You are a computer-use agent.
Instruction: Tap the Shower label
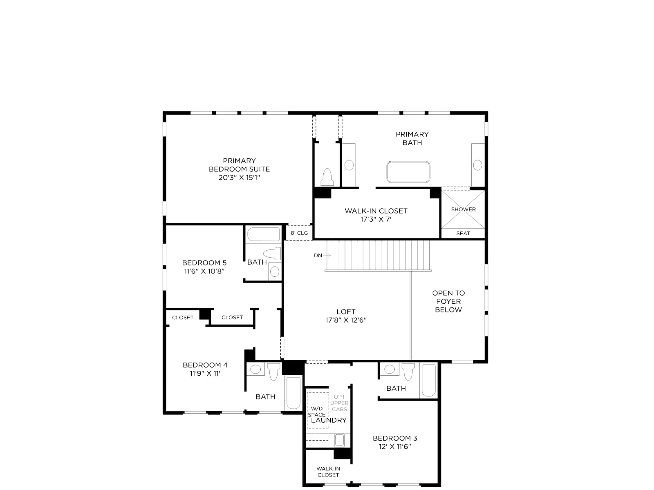(x=463, y=209)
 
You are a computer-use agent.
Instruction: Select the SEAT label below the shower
(x=463, y=234)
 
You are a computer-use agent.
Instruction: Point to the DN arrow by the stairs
(x=327, y=255)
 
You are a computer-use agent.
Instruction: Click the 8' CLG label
(x=299, y=233)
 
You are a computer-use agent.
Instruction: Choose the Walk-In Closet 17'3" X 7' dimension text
(x=376, y=219)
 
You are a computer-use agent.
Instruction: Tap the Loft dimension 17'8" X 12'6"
(x=346, y=320)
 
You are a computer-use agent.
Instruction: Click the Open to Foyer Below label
(x=448, y=301)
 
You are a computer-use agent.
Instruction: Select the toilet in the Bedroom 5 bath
(x=272, y=254)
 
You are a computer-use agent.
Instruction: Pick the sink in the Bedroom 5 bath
(x=274, y=271)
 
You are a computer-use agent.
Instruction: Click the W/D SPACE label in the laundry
(x=316, y=412)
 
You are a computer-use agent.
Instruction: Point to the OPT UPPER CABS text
(x=339, y=403)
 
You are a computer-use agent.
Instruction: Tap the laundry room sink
(x=339, y=440)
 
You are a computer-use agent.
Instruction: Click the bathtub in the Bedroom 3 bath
(x=429, y=381)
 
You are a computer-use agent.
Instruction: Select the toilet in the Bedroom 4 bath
(x=273, y=372)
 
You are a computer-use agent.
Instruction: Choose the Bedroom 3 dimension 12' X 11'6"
(x=395, y=447)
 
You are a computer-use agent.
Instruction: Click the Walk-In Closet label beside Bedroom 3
(x=328, y=472)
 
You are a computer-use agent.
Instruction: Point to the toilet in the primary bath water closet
(x=327, y=177)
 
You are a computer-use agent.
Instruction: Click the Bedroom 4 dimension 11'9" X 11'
(x=205, y=373)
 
